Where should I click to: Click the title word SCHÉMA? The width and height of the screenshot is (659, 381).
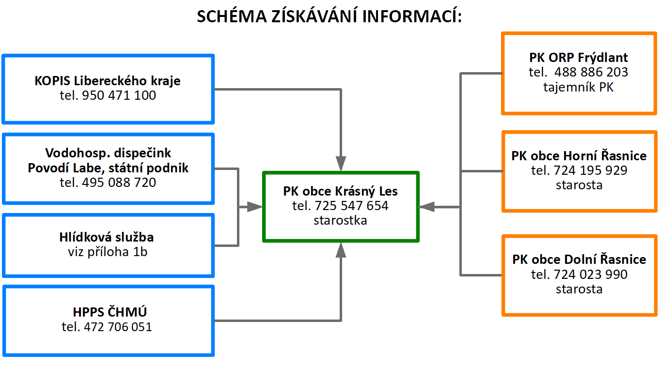(232, 16)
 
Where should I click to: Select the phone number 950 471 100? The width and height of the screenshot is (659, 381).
(119, 95)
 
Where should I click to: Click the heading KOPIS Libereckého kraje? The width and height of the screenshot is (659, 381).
(108, 81)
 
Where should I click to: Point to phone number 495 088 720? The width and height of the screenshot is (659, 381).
(119, 183)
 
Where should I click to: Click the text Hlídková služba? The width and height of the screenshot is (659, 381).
(107, 237)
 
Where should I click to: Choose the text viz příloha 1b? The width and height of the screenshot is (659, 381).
(108, 252)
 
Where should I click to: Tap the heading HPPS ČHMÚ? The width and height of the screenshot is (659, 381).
(110, 312)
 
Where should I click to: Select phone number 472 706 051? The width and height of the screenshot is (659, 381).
(118, 327)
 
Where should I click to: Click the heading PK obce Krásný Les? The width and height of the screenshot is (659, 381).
(340, 192)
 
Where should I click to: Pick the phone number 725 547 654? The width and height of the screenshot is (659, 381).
(352, 206)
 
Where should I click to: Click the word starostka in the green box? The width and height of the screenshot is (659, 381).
(340, 220)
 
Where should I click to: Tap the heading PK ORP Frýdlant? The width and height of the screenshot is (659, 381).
(579, 58)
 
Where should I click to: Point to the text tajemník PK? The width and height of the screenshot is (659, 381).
(579, 87)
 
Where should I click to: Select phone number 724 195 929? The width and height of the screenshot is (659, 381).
(591, 170)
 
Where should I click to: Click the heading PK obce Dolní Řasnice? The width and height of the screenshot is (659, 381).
(579, 259)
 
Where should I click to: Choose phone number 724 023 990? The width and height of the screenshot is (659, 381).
(591, 274)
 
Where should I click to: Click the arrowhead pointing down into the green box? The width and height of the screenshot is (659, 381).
(341, 164)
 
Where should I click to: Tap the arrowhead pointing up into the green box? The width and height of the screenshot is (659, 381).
(341, 250)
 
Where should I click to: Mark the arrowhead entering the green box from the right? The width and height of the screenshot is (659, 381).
(426, 207)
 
